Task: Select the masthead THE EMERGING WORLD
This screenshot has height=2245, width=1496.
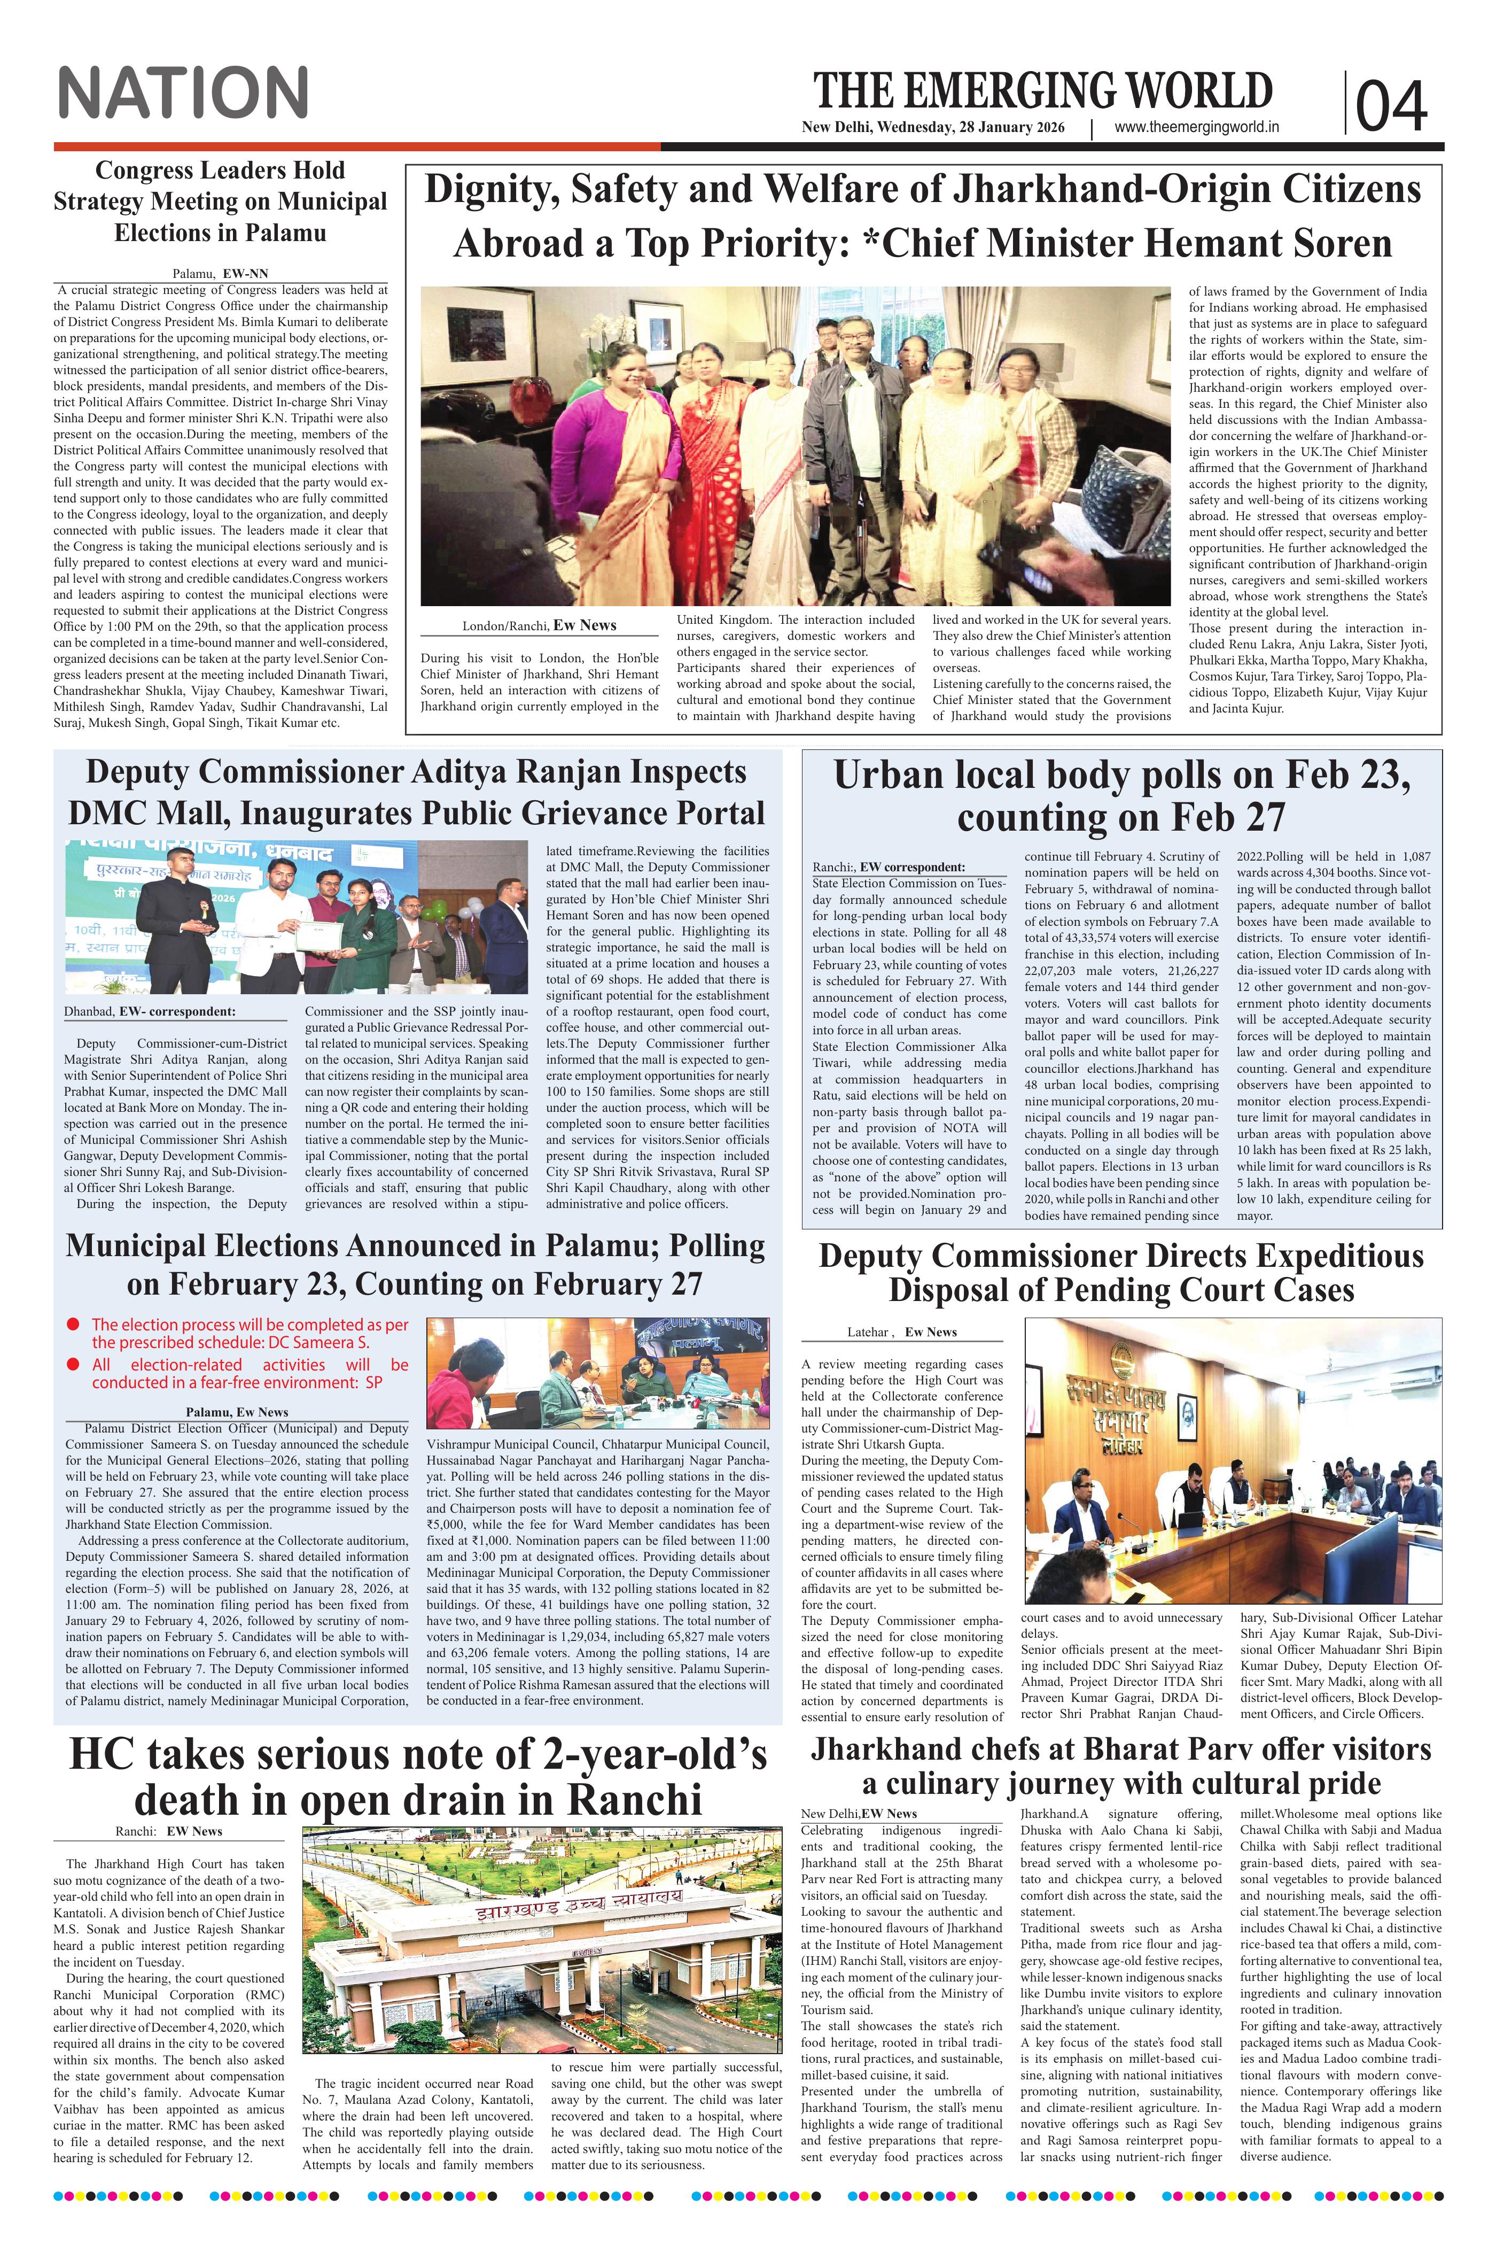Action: (1042, 91)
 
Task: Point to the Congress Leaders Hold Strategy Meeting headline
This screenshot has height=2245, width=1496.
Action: (220, 202)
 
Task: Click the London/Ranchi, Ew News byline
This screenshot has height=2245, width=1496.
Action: (539, 625)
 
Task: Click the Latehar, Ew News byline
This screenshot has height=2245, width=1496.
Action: (902, 1331)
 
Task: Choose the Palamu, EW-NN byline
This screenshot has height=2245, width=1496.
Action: (220, 273)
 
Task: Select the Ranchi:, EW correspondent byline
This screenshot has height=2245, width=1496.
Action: (889, 866)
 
